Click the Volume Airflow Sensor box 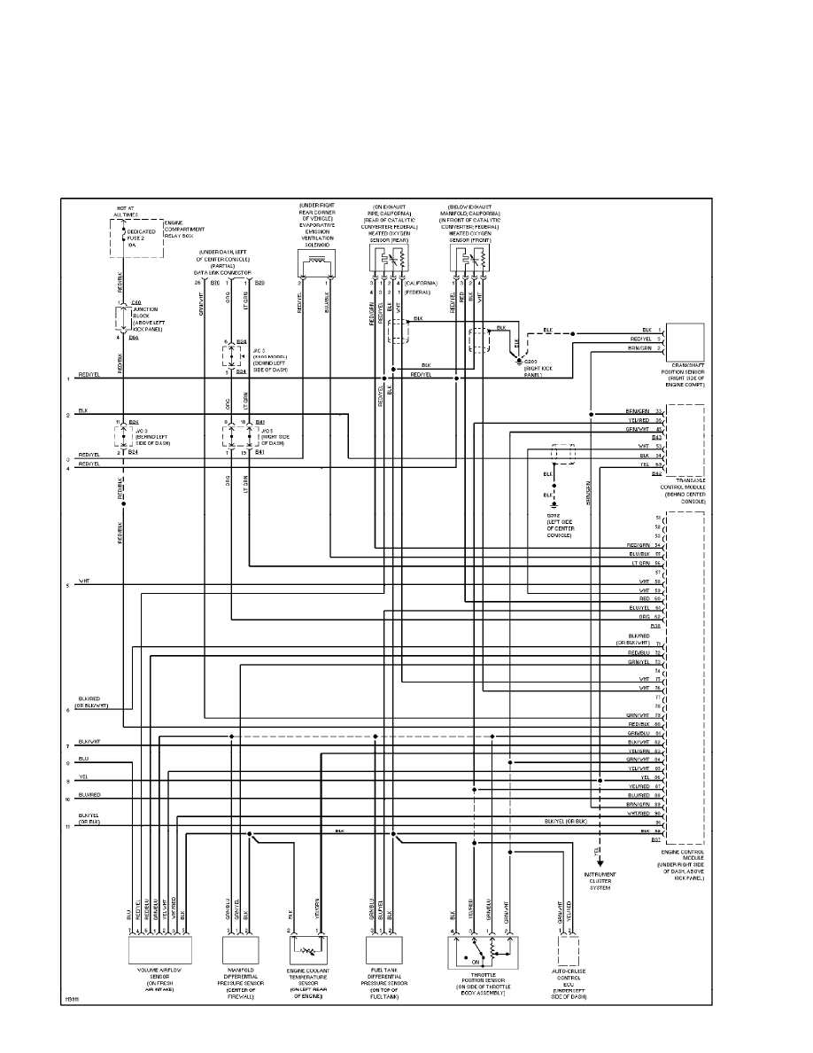click(x=160, y=950)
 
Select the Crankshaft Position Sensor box click(x=685, y=340)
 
